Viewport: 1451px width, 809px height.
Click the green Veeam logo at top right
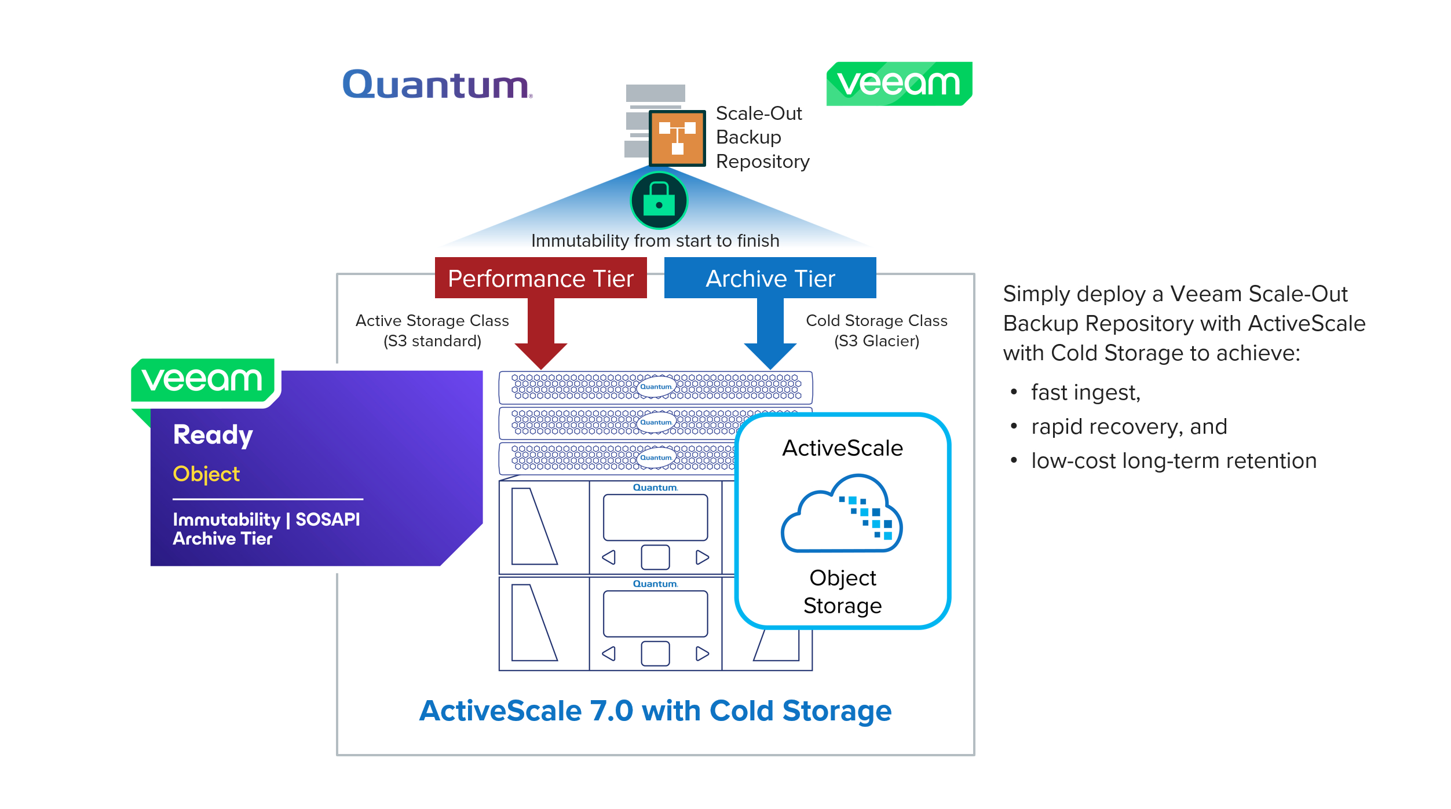[x=898, y=83]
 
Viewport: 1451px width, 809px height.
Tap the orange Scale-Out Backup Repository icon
[x=677, y=138]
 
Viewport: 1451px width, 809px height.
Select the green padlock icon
[x=659, y=200]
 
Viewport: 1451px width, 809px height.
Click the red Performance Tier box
[x=540, y=279]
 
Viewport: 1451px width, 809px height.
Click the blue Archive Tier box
[x=770, y=279]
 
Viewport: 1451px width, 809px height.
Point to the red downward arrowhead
[x=540, y=354]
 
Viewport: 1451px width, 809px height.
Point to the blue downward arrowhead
[x=770, y=354]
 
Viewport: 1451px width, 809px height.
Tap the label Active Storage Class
[x=432, y=320]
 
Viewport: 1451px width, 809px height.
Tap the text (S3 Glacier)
[x=876, y=341]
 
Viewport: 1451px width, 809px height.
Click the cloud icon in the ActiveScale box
[x=842, y=514]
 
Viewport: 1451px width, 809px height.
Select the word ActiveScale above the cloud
[x=842, y=448]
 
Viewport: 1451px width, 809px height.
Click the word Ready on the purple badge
[x=213, y=435]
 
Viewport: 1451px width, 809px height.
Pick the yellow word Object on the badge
[x=206, y=474]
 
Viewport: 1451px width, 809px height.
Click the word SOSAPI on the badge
[x=327, y=519]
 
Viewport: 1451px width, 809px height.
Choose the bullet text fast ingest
[x=1085, y=393]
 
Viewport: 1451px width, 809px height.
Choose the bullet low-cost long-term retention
[x=1174, y=461]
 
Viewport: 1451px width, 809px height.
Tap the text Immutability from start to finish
[x=655, y=240]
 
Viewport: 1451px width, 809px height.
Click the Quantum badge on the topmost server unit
[x=656, y=386]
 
